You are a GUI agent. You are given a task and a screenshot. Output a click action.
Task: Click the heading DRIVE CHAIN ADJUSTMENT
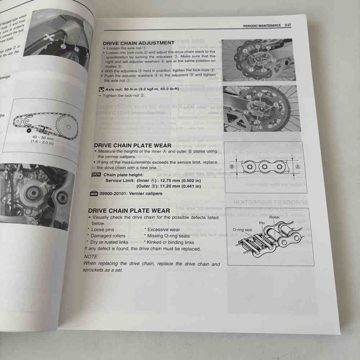(139, 43)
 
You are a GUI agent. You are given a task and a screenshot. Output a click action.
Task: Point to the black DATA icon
(96, 175)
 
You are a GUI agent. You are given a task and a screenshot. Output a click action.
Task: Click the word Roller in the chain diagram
(274, 217)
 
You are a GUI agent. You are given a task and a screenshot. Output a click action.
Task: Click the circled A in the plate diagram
(297, 167)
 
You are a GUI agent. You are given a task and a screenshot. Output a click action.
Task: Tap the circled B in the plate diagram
(232, 166)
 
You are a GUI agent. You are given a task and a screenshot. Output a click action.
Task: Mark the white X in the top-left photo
(47, 36)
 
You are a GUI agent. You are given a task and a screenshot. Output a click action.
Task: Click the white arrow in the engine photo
(43, 185)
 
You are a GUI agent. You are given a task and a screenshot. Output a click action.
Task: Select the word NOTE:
(91, 257)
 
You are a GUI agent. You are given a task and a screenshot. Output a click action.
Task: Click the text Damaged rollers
(108, 236)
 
